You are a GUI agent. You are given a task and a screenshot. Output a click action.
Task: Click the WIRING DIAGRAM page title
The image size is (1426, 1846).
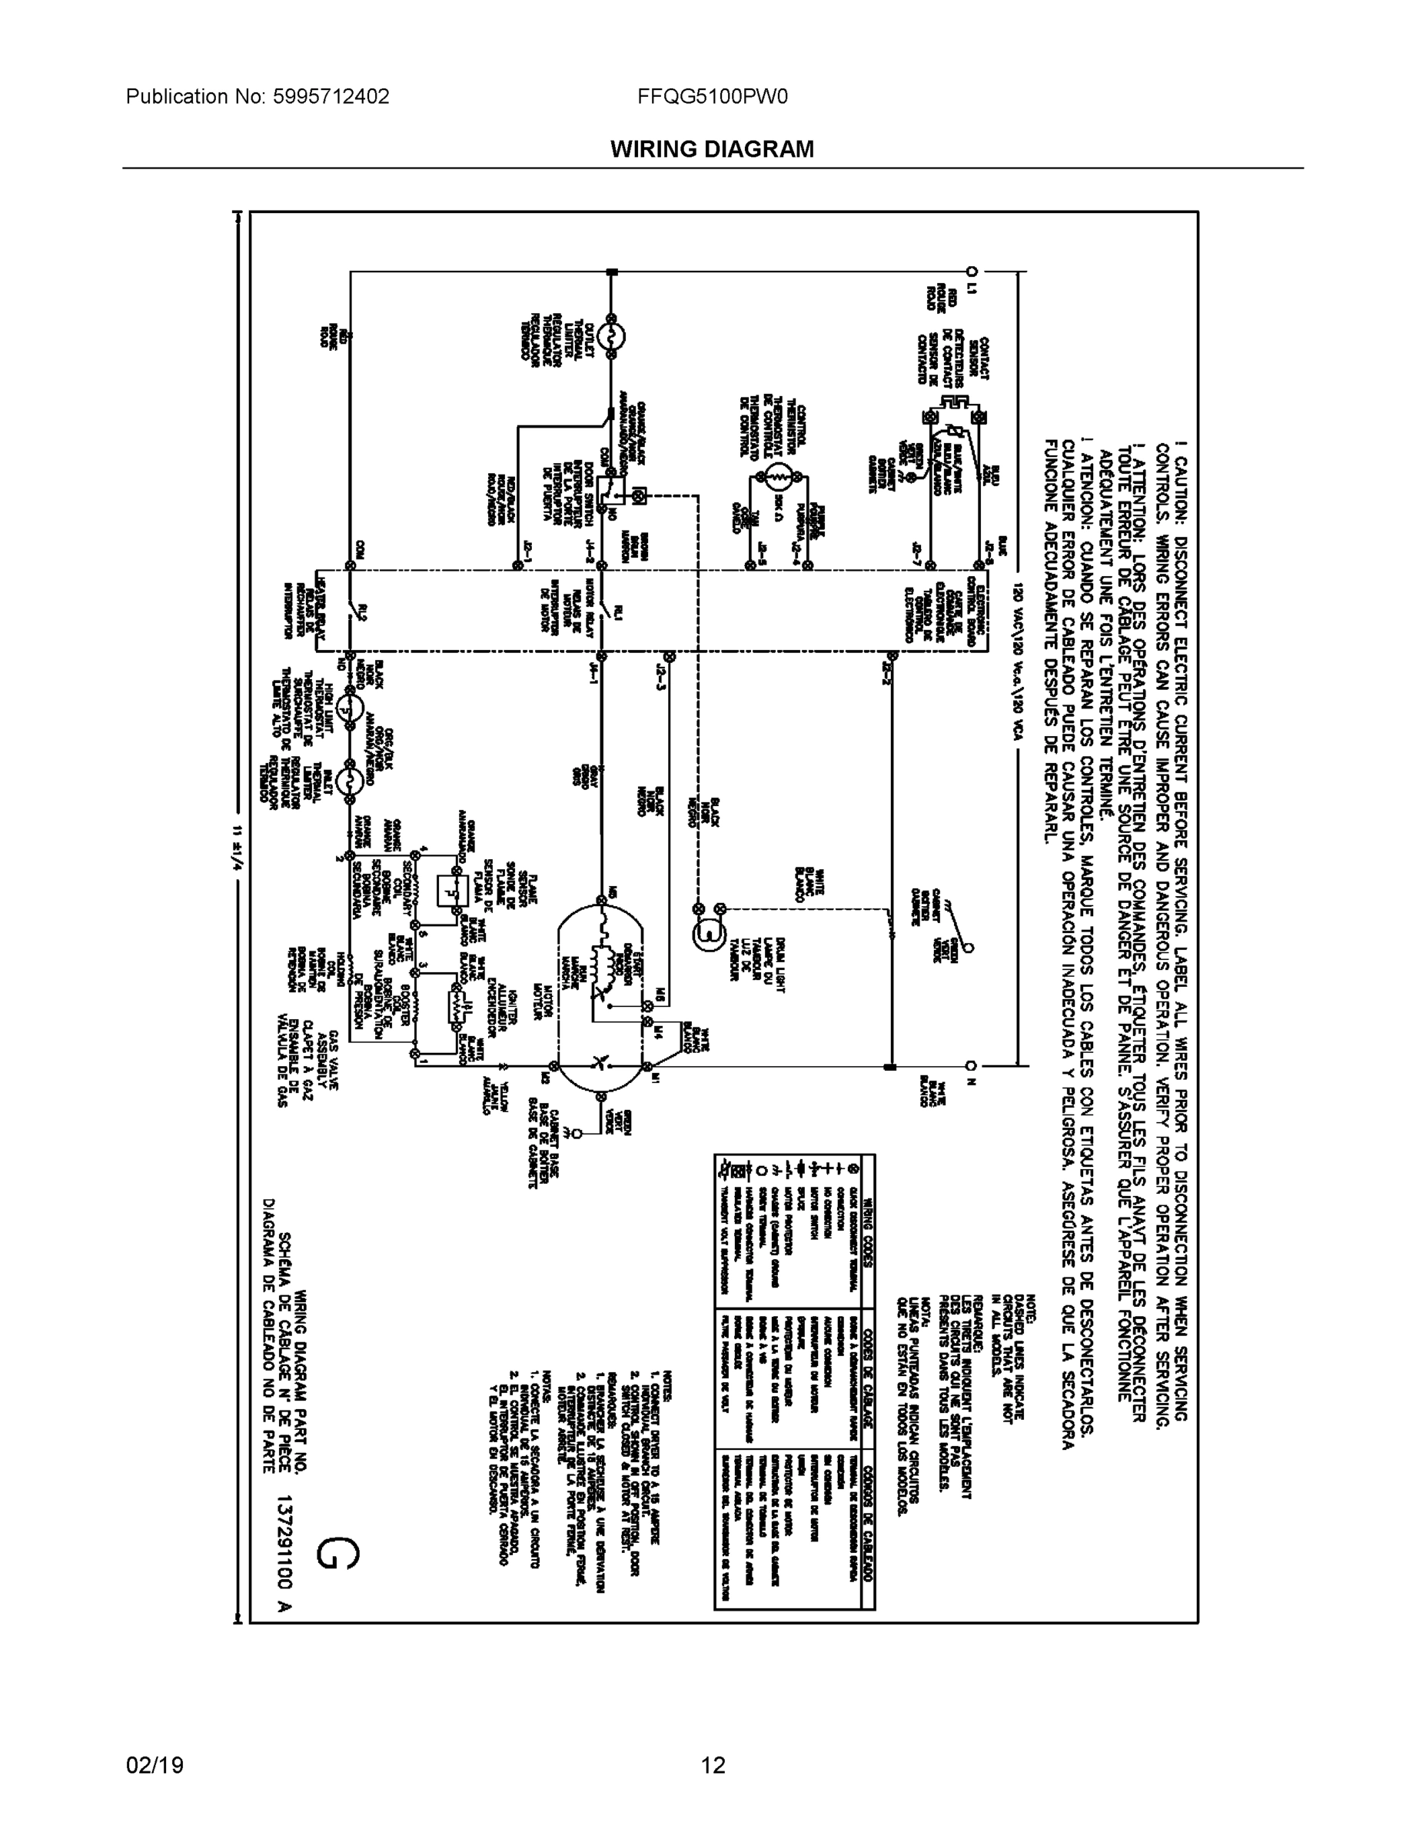[x=711, y=150]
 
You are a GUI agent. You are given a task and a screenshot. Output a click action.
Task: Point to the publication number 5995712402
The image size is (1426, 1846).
[x=331, y=97]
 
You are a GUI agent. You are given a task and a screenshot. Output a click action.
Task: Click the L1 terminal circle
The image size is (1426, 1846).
[x=972, y=272]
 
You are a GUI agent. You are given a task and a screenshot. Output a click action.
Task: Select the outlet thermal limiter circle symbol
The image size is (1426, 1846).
[x=610, y=335]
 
